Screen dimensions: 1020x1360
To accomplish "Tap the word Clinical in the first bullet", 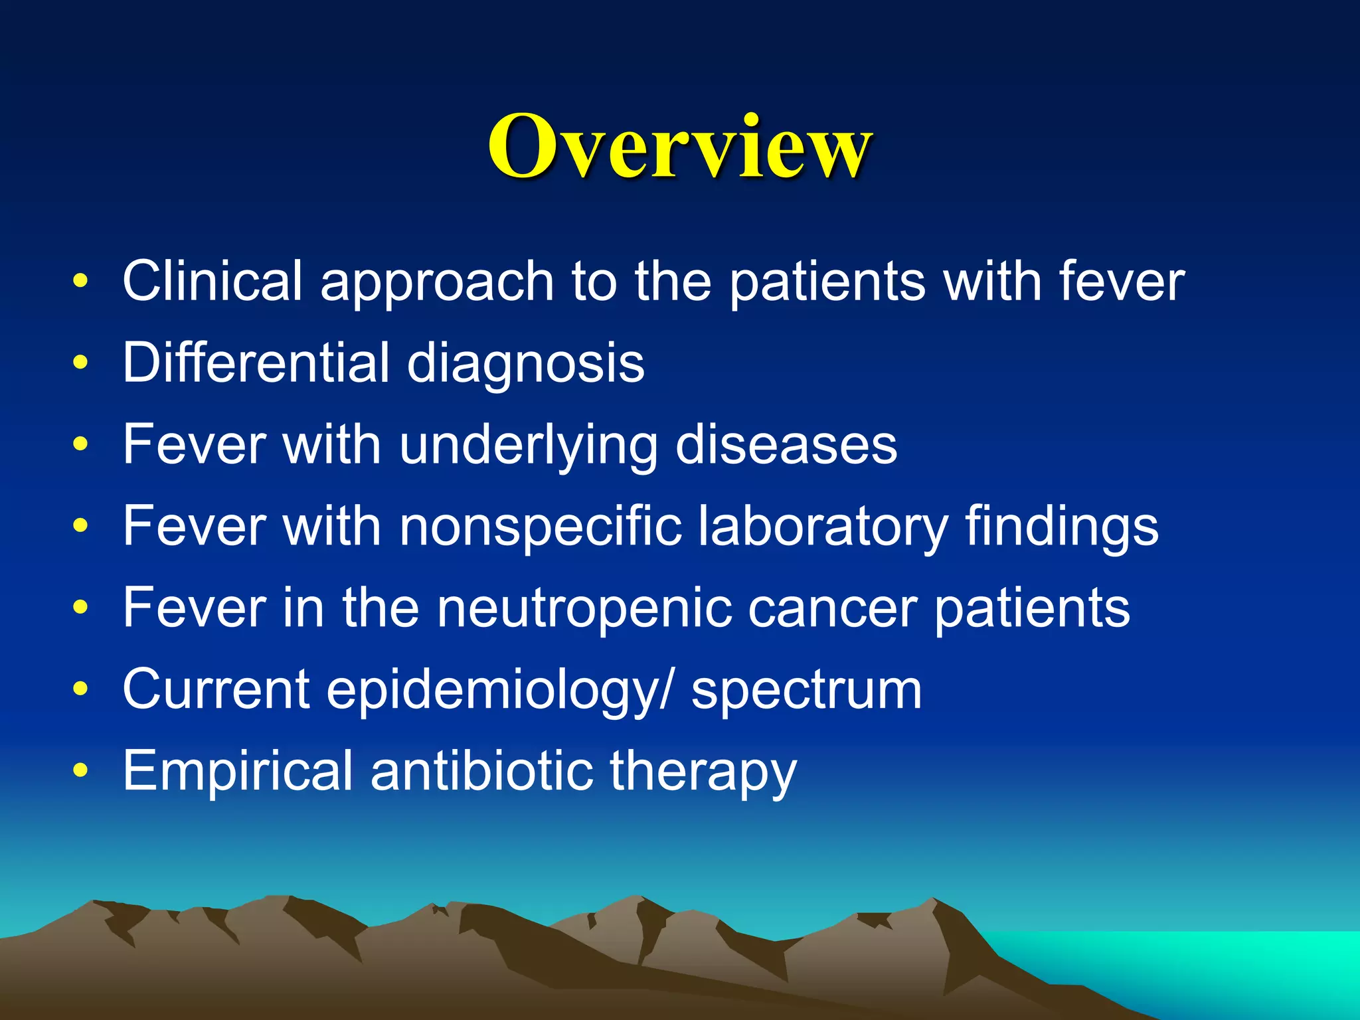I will (x=212, y=282).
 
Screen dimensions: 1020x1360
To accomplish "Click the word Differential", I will (x=255, y=363).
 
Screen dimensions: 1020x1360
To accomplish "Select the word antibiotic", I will (x=481, y=770).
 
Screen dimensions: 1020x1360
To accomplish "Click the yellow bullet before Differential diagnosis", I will (x=80, y=363).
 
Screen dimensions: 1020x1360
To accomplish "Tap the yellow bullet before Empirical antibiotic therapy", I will (x=80, y=770).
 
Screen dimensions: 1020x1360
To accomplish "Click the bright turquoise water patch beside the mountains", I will (x=1229, y=963).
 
